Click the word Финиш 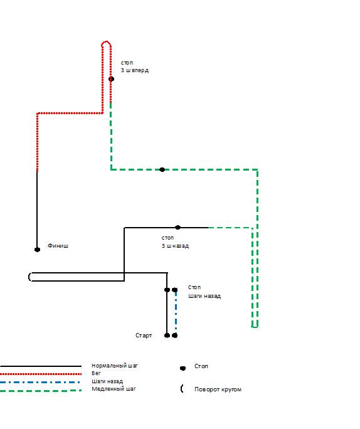(x=58, y=246)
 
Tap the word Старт (x=144, y=336)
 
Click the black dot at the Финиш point (x=37, y=250)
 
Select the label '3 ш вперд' (x=135, y=70)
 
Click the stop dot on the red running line (x=111, y=79)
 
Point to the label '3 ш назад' (x=175, y=246)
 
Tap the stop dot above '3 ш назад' (x=178, y=228)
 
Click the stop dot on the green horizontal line (x=162, y=169)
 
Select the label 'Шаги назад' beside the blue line (x=204, y=296)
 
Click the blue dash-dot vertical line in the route (x=176, y=312)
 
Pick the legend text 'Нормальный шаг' (x=115, y=366)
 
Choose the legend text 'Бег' (x=96, y=373)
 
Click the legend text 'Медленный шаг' (x=114, y=389)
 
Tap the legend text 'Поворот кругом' (x=218, y=389)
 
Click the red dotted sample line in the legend (x=41, y=374)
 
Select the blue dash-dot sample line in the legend (x=40, y=382)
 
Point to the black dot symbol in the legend (x=183, y=368)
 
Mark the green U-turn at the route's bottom (x=255, y=327)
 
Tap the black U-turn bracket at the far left (x=29, y=277)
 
